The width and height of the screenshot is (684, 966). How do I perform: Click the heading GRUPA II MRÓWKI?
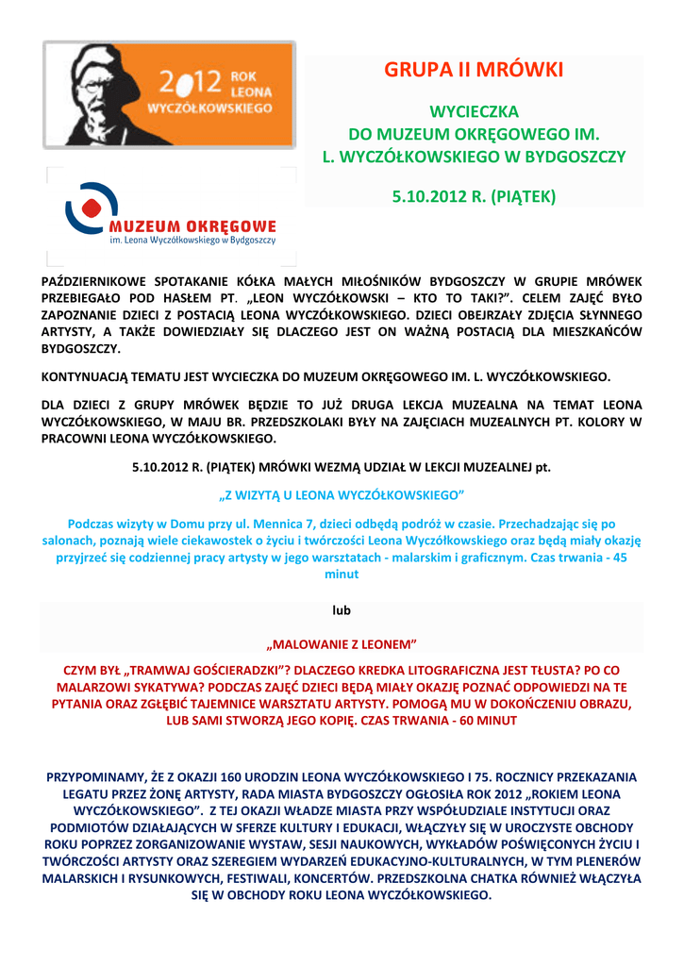click(474, 71)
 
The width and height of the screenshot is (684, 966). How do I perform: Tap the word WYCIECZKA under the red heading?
click(474, 111)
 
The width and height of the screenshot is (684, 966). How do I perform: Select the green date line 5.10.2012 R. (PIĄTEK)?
click(474, 197)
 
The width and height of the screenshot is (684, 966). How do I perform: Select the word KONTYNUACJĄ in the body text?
click(91, 375)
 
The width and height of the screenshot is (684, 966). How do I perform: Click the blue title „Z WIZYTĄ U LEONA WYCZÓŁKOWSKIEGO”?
click(342, 494)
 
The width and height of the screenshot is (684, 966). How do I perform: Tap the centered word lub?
click(342, 611)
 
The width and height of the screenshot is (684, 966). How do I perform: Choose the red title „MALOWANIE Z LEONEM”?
click(342, 646)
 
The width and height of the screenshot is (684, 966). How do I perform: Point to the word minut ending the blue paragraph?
click(342, 574)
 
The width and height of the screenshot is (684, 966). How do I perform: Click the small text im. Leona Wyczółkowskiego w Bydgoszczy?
click(193, 241)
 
